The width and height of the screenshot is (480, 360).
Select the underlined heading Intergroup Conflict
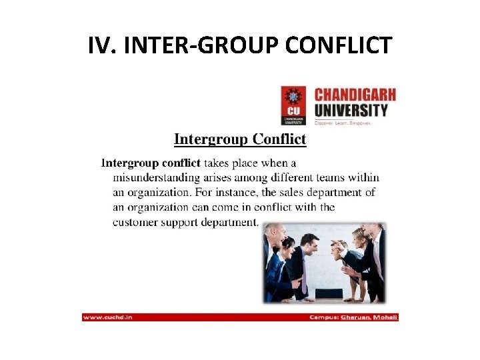240,139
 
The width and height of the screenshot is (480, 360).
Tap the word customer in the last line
137,222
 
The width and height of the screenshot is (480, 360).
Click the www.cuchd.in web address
108,317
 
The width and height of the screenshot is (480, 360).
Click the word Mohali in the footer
386,317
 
